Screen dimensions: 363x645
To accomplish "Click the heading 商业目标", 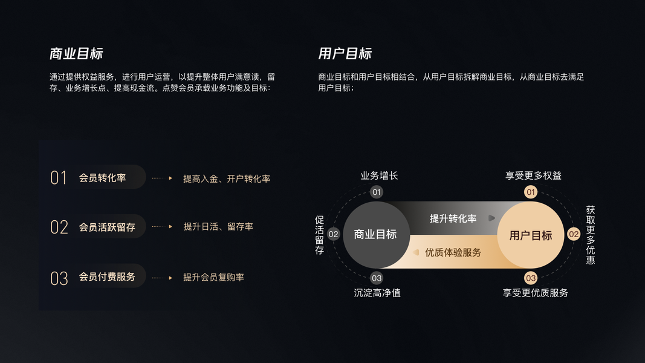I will click(76, 53).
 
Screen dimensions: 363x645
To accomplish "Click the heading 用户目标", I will click(345, 53).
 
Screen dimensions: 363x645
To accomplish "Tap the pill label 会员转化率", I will click(102, 178).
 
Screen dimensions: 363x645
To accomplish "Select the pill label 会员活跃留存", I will click(107, 227).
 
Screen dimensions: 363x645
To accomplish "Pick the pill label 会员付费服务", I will click(107, 277).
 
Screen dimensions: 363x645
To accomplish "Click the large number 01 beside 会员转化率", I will click(59, 178).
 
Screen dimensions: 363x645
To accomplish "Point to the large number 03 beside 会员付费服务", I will click(59, 278).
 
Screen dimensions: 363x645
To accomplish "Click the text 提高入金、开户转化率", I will click(227, 178).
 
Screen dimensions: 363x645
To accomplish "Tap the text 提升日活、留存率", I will click(218, 227).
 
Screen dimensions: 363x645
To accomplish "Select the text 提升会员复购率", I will click(213, 277).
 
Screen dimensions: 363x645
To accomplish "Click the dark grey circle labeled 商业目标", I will click(375, 235).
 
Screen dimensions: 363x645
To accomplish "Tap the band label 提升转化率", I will click(453, 218).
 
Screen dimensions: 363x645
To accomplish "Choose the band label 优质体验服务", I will click(453, 252).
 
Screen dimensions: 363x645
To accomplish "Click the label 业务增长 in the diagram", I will click(379, 176).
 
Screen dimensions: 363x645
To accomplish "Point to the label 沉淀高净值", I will click(377, 293).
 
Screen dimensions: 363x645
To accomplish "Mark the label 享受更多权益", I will click(533, 176).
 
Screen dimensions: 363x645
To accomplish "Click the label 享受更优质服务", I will click(535, 293).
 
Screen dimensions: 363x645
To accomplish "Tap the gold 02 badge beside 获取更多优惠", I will click(574, 234).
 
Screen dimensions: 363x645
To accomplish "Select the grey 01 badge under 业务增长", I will click(377, 192).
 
